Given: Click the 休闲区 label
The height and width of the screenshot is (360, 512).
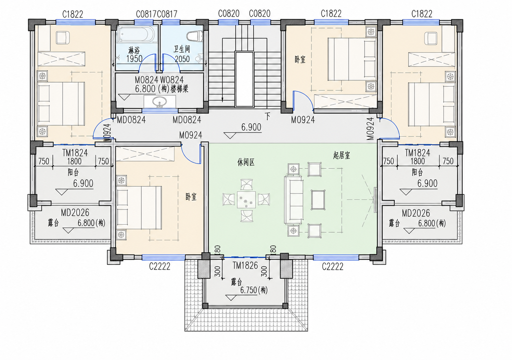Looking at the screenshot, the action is point(246,163).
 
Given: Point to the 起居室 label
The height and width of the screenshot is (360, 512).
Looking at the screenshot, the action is point(342,156).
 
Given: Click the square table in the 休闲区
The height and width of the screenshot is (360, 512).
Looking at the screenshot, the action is point(246,200).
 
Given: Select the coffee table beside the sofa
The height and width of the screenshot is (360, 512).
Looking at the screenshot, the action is point(318,200).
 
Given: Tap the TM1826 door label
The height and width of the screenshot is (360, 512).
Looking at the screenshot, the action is point(245,265).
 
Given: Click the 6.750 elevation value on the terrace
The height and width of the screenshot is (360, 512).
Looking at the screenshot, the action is point(249,290).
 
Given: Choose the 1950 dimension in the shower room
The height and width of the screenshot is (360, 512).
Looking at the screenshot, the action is point(135,59).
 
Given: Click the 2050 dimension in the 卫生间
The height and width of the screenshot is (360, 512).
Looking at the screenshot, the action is point(182,59).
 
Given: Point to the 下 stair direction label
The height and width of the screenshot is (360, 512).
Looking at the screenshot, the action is point(268,116).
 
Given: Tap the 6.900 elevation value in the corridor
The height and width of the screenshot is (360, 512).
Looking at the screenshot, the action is point(251,127).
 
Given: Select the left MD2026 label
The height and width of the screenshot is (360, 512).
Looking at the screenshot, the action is point(75,213).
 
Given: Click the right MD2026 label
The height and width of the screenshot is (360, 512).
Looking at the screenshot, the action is point(416,213).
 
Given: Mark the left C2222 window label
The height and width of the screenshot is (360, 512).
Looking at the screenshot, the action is point(160,266).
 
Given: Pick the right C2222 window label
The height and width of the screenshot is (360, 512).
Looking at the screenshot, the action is point(333,266).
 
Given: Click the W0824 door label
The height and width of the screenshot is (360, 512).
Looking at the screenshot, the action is point(172,80).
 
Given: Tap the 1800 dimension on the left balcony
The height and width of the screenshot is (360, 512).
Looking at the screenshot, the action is point(74,161).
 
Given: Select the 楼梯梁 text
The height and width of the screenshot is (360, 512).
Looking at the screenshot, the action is point(179,89).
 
